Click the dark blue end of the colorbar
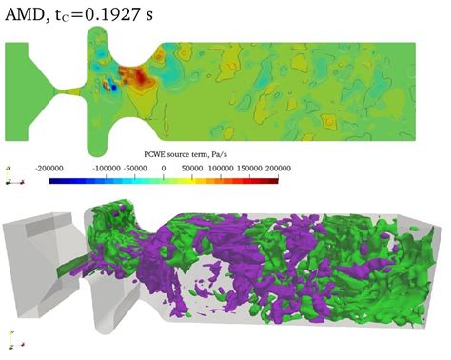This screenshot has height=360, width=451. (x=51, y=178)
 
